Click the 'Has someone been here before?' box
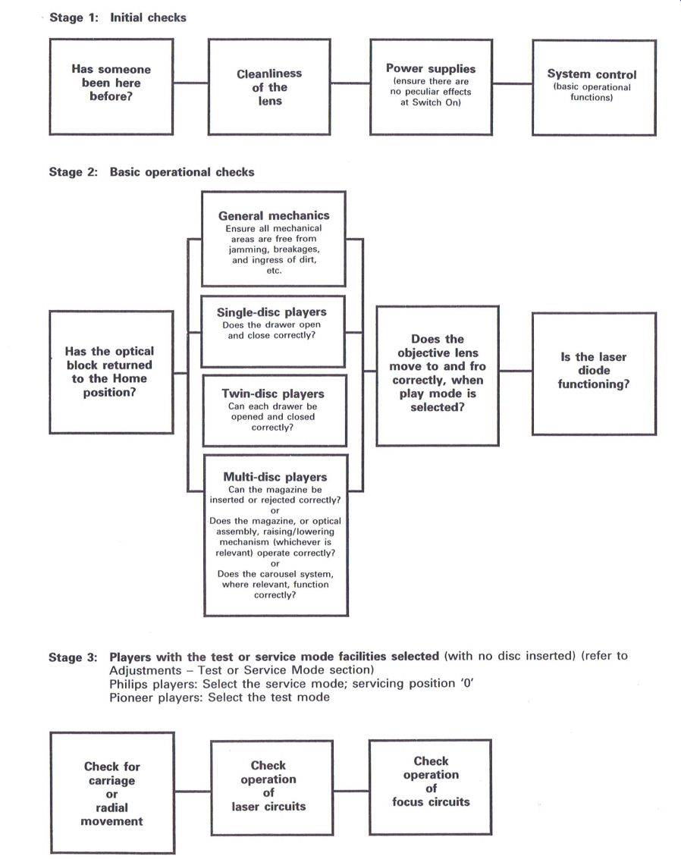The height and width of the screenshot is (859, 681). pos(111,86)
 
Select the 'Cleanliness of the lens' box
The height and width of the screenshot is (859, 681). pos(269,86)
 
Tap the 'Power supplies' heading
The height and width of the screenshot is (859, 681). pos(431,68)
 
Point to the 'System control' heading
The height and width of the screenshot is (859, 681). pos(592,74)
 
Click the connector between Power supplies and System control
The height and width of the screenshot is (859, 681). pos(512,84)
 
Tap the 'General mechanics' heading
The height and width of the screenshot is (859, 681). pos(274,215)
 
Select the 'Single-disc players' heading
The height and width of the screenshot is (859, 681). pos(271,312)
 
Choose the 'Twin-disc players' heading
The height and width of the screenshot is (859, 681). pos(273,393)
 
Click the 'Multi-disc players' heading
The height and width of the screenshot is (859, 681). pos(275,477)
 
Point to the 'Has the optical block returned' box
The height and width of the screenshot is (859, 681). pos(111,372)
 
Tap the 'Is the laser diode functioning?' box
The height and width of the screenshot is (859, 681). pos(594,374)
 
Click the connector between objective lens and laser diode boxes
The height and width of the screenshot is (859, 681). pos(516,371)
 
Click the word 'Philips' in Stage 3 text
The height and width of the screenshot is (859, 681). pos(128,684)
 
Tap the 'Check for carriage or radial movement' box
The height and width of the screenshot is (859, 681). pos(112,793)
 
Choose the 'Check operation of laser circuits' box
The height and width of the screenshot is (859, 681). pos(271,788)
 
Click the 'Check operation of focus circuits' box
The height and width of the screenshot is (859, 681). pos(431,787)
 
